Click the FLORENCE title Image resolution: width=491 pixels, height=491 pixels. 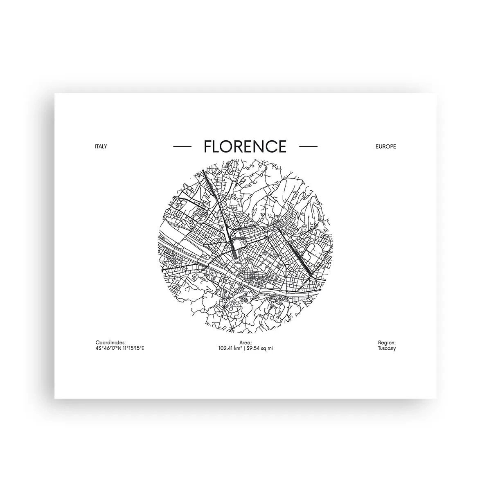[245, 146]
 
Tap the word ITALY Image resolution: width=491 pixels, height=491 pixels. [101, 146]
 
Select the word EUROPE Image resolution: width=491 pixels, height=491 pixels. [385, 146]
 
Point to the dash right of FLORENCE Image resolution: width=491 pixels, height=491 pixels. [308, 146]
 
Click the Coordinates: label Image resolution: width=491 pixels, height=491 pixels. [110, 342]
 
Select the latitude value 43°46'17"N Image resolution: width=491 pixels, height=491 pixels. [108, 348]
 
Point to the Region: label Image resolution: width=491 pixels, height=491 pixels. [387, 342]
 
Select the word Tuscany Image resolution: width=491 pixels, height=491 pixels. [387, 348]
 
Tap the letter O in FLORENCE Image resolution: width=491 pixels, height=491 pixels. [227, 146]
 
